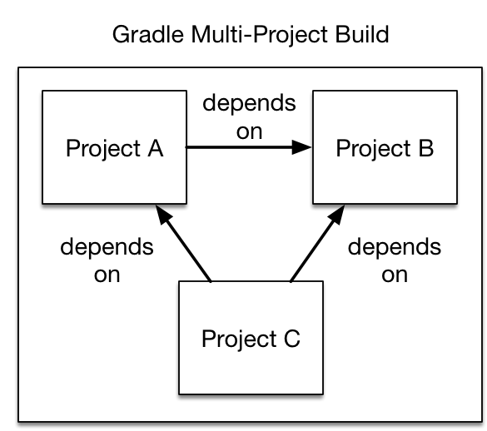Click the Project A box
tap(114, 149)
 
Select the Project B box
tap(385, 149)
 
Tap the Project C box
tap(251, 338)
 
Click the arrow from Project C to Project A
tap(187, 246)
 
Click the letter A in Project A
tap(155, 149)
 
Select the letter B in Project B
tap(425, 149)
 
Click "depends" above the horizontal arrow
tap(249, 105)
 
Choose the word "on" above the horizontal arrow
tap(249, 131)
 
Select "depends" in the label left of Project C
tap(107, 248)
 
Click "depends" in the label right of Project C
tap(395, 248)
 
